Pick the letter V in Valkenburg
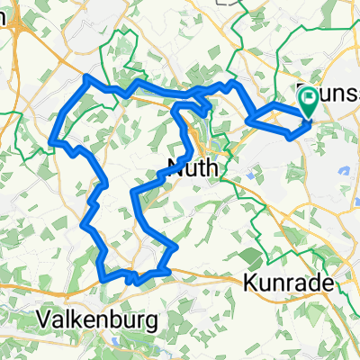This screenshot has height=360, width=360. coord(44,320)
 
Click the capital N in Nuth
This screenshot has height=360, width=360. coord(175,165)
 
